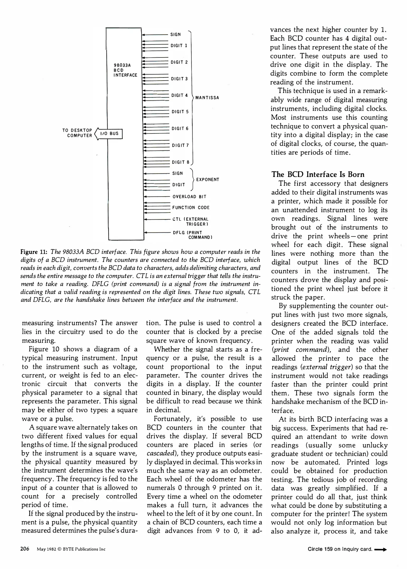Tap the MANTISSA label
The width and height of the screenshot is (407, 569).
tap(207, 98)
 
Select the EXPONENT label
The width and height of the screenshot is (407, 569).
tap(208, 180)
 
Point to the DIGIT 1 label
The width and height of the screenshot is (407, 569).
tap(179, 46)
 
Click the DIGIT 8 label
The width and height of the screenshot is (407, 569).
tap(180, 162)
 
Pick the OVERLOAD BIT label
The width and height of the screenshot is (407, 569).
tap(189, 197)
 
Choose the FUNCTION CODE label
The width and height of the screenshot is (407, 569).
tap(191, 208)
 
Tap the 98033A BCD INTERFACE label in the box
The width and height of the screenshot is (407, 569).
tap(125, 70)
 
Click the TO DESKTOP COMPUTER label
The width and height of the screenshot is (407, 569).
tap(77, 133)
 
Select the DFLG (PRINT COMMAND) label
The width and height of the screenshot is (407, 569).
tap(193, 235)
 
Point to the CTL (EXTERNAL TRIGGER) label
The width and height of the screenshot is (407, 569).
tap(190, 222)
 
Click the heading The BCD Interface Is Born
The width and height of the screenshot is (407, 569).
tap(318, 174)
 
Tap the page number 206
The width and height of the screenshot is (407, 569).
tap(25, 549)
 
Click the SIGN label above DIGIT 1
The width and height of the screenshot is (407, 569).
tap(175, 35)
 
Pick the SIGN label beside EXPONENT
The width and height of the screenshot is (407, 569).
tap(177, 173)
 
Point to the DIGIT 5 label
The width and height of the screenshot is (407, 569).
tap(180, 112)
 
